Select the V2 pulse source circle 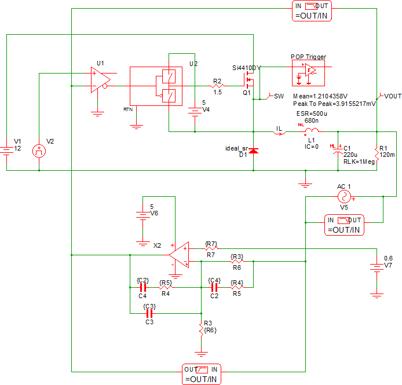coord(39,151)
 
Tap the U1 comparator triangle coord(100,79)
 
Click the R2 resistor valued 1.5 coord(217,85)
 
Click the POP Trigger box coord(308,73)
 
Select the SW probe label coord(279,96)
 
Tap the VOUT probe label coord(392,96)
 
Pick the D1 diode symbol coord(253,152)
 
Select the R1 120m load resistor coord(377,153)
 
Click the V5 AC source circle coord(344,197)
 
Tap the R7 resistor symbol coord(210,248)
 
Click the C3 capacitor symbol coord(149,314)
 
